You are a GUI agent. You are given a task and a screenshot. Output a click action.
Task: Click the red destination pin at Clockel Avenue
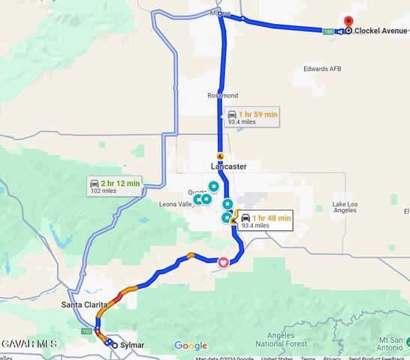click(x=348, y=22)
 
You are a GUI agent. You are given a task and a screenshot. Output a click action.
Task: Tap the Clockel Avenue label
click(x=381, y=31)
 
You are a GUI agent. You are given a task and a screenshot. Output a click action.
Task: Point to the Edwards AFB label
click(x=322, y=69)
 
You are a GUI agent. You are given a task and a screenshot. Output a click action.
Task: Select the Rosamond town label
click(x=222, y=96)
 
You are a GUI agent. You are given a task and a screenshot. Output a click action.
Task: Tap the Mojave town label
click(x=220, y=13)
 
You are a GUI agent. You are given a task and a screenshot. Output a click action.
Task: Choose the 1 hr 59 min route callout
click(x=252, y=118)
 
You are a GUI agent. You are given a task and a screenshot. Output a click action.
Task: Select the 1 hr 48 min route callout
click(x=262, y=221)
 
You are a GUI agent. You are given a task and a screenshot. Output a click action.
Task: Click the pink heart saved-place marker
click(x=223, y=262)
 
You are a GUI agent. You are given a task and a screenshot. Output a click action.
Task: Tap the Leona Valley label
click(x=176, y=204)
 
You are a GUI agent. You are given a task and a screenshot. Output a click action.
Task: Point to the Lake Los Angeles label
click(x=345, y=207)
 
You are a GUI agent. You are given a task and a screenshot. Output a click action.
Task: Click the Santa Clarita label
click(x=85, y=306)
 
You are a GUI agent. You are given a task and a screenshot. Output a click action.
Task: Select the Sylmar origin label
click(x=131, y=346)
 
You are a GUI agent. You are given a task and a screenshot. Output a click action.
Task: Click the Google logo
click(x=191, y=346)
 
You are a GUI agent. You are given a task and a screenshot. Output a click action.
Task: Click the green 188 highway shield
click(x=328, y=31)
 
